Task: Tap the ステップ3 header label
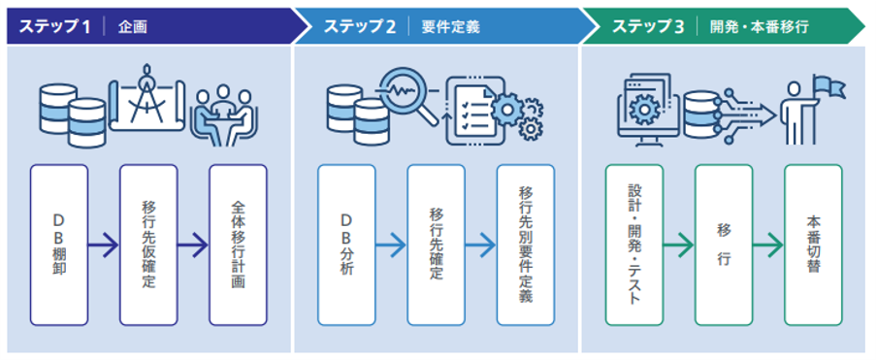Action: tap(646, 26)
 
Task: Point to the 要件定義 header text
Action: tap(444, 26)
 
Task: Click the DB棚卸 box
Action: tap(59, 245)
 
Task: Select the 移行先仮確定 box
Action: tap(148, 245)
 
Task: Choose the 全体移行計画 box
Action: tap(238, 245)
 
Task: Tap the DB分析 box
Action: tap(346, 245)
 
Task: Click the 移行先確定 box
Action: tap(436, 245)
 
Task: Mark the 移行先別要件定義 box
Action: tap(525, 245)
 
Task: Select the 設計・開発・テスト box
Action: tap(633, 245)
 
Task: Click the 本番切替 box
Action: tap(813, 245)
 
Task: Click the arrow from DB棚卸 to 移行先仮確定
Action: tap(104, 245)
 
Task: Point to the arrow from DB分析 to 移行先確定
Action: tap(391, 245)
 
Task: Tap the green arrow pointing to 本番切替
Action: tap(768, 245)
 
